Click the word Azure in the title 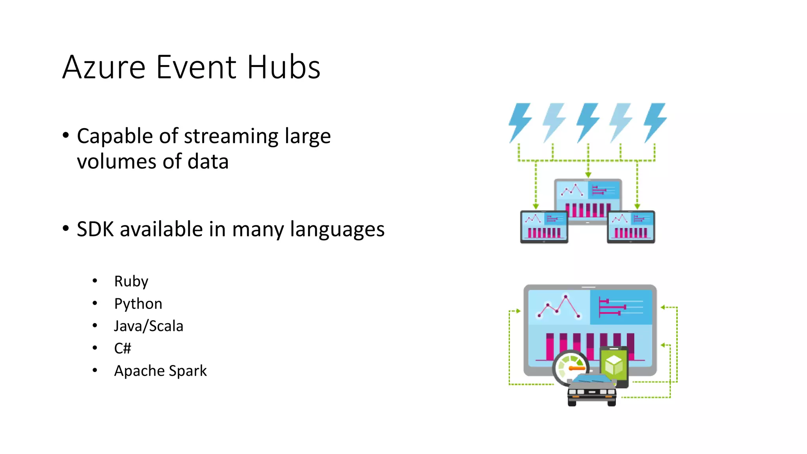tap(104, 67)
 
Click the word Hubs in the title tap(284, 67)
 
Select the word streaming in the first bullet tap(232, 136)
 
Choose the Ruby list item tap(131, 281)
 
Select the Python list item tap(138, 304)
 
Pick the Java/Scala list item tap(149, 326)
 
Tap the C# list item tap(122, 348)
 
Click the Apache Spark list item tap(160, 371)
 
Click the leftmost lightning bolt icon tap(520, 123)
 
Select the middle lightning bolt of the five tap(588, 123)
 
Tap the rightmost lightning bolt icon tap(655, 123)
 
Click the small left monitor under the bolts tap(544, 227)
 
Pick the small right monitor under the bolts tap(631, 227)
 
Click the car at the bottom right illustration tap(592, 390)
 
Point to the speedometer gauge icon tap(570, 367)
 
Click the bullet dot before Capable tap(66, 136)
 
